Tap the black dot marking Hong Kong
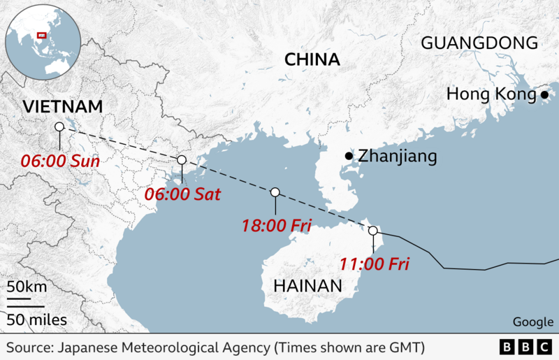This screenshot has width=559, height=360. pyautogui.click(x=544, y=94)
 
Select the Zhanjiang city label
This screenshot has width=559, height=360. pyautogui.click(x=397, y=156)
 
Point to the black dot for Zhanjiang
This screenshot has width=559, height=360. pyautogui.click(x=349, y=155)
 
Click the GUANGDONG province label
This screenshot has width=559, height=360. pyautogui.click(x=479, y=43)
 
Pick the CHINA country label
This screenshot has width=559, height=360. pyautogui.click(x=312, y=59)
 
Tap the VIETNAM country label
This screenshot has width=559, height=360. pyautogui.click(x=62, y=107)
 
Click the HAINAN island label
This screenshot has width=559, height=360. pyautogui.click(x=308, y=285)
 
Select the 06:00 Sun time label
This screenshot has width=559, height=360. pyautogui.click(x=59, y=161)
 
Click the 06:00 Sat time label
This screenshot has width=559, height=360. pyautogui.click(x=182, y=194)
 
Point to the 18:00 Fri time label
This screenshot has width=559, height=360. pyautogui.click(x=276, y=225)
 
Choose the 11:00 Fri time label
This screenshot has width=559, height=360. pyautogui.click(x=374, y=264)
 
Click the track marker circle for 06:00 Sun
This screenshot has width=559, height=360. pyautogui.click(x=59, y=127)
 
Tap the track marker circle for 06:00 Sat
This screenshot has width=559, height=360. pyautogui.click(x=181, y=160)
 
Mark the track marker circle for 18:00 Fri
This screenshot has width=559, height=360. pyautogui.click(x=275, y=192)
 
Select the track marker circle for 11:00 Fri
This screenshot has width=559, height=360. pyautogui.click(x=372, y=231)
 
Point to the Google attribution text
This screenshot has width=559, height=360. pyautogui.click(x=532, y=322)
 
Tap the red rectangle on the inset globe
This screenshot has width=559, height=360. pyautogui.click(x=41, y=34)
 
